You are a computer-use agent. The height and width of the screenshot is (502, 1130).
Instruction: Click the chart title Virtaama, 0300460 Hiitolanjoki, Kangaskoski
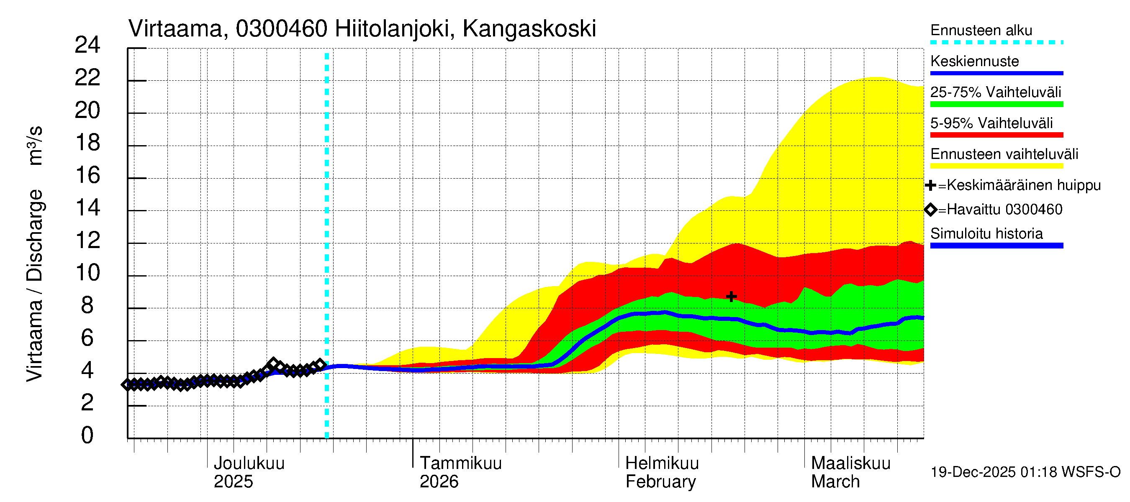(x=362, y=29)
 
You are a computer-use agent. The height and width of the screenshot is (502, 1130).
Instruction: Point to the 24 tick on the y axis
(x=87, y=45)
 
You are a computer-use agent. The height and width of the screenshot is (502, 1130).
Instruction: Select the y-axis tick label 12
(x=87, y=241)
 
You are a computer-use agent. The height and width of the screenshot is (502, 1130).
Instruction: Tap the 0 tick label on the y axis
(x=87, y=435)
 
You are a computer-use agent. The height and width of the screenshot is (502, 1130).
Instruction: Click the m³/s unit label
(x=35, y=146)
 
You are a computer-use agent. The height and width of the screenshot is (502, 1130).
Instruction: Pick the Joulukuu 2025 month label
(x=248, y=472)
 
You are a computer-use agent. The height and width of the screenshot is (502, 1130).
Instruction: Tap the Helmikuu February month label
(x=662, y=472)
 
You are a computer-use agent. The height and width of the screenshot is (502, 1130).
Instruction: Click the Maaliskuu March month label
(x=850, y=472)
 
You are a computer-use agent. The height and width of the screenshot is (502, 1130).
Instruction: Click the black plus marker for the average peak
(x=731, y=297)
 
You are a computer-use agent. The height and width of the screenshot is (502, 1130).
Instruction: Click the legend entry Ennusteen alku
(x=981, y=30)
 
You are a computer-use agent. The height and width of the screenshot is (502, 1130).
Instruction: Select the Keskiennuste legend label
(x=974, y=61)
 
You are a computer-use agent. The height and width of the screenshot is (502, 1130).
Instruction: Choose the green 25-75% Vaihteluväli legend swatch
(x=996, y=104)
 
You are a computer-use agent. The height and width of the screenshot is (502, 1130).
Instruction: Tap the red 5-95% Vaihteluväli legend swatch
(x=996, y=135)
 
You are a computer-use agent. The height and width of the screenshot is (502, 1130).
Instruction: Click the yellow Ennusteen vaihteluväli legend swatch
(x=996, y=166)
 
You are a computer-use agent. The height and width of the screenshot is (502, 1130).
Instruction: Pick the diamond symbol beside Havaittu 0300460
(x=930, y=210)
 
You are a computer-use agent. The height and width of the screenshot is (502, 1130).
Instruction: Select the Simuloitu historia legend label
(x=986, y=234)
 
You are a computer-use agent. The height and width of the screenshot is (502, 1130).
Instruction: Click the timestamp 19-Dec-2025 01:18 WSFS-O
(x=1025, y=472)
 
